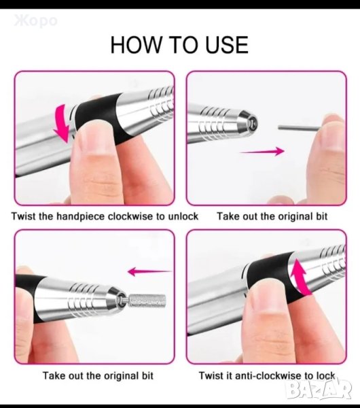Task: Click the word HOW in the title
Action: [135, 45]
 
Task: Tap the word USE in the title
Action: [227, 45]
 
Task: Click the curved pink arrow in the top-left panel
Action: [63, 122]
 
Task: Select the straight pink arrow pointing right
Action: [262, 151]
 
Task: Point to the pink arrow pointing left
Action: [150, 272]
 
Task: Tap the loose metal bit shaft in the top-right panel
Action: [300, 128]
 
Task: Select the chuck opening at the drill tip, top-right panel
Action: [252, 123]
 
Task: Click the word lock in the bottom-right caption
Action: [325, 376]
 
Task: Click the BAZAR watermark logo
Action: [320, 391]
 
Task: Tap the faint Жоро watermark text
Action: [35, 21]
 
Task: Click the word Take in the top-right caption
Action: [227, 216]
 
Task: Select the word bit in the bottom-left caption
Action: [147, 376]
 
